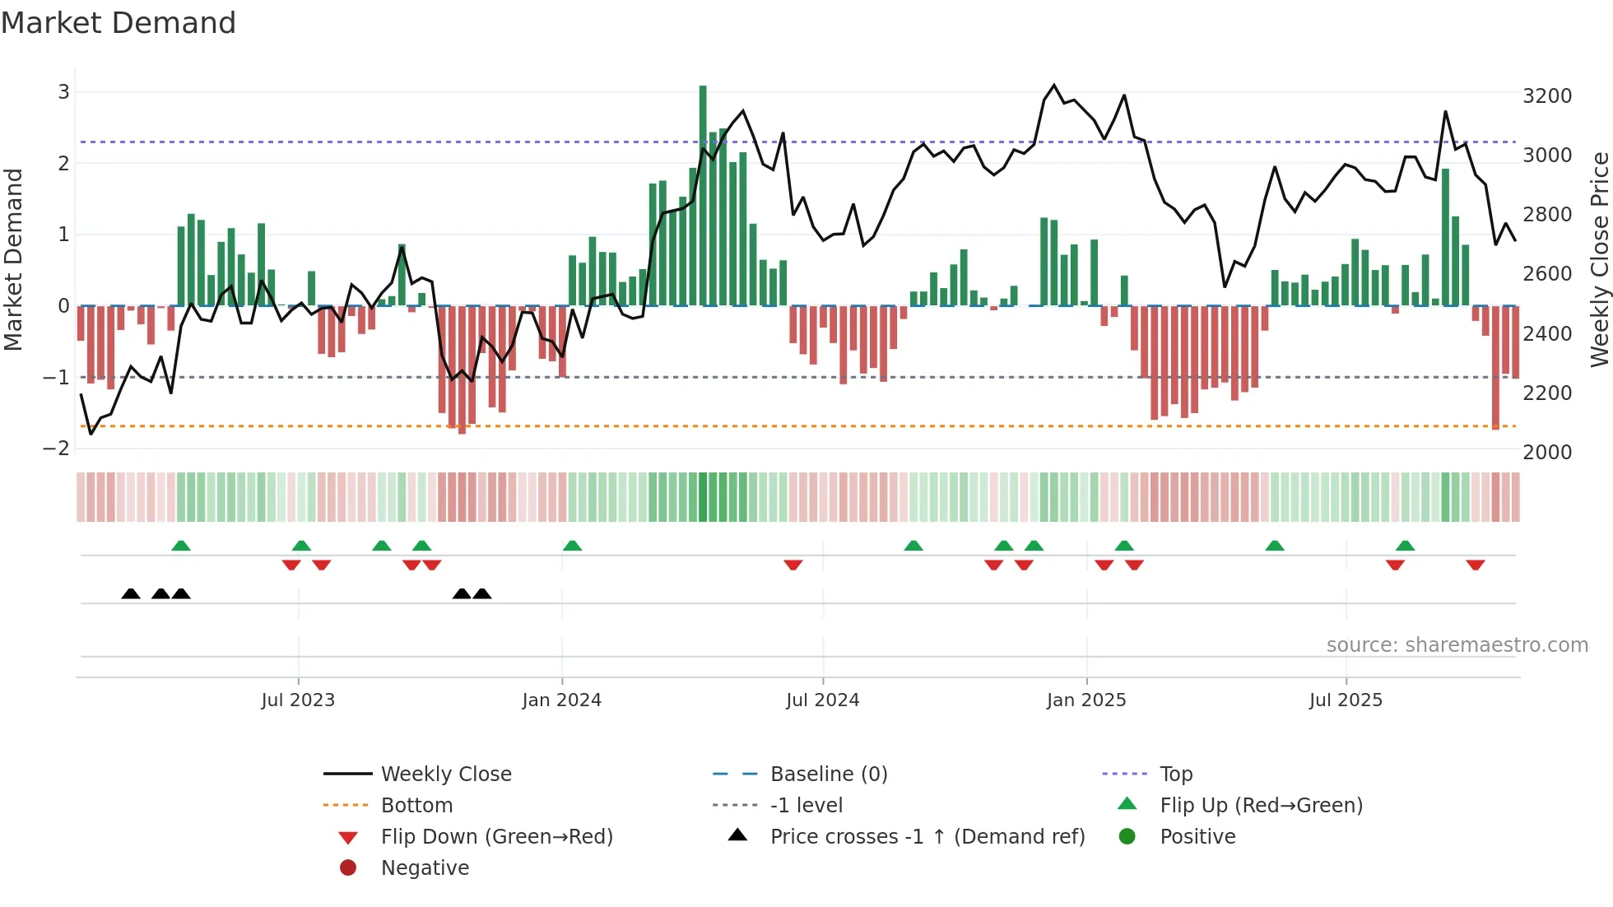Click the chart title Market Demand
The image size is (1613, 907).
click(x=119, y=23)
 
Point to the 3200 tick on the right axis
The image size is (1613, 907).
click(x=1547, y=96)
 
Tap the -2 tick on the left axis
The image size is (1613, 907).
click(x=56, y=449)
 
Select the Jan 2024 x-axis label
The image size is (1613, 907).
click(x=561, y=700)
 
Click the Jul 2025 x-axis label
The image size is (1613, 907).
click(x=1346, y=700)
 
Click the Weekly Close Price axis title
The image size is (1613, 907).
click(x=1599, y=259)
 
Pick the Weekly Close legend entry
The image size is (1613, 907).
click(x=445, y=774)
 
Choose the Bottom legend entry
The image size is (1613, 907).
click(x=416, y=806)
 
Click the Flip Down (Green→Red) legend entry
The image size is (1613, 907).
click(x=496, y=837)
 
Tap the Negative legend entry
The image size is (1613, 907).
click(x=425, y=868)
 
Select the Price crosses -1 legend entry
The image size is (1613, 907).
click(x=927, y=837)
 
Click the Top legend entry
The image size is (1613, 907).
click(x=1176, y=774)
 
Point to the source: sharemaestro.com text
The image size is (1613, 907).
click(x=1457, y=645)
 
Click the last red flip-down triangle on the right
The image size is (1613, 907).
click(x=1475, y=565)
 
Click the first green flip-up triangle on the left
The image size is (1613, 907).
click(x=181, y=546)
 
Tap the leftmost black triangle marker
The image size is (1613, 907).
click(x=131, y=593)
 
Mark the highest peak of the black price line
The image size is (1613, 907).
click(x=1054, y=86)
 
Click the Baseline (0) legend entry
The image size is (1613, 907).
click(x=828, y=774)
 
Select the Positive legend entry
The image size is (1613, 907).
click(x=1197, y=837)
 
